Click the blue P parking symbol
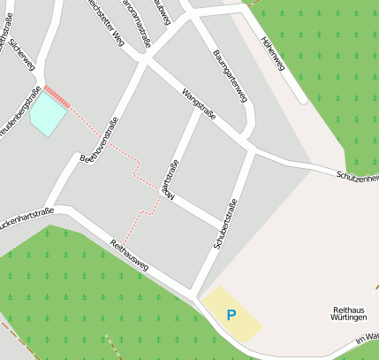pos(231,314)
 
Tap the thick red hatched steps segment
pos(57,96)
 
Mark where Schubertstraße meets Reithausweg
pos(197,293)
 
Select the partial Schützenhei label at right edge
pos(357,177)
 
